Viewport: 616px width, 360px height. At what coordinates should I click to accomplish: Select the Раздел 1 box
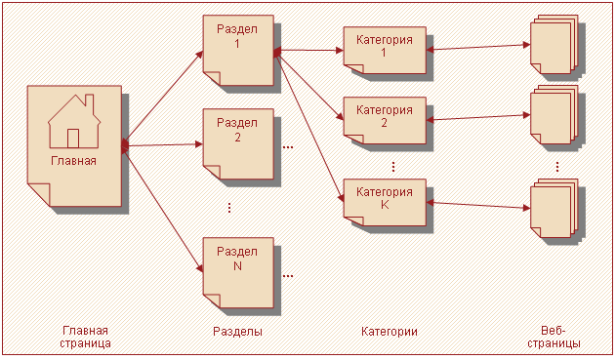click(238, 50)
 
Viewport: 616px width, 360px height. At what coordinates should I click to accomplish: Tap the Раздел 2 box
click(238, 142)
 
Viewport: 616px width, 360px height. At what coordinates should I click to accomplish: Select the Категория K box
click(385, 200)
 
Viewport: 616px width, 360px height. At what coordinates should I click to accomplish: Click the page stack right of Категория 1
click(554, 44)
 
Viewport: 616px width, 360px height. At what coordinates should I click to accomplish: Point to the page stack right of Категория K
click(554, 205)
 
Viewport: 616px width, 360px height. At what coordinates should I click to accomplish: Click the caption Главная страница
click(84, 338)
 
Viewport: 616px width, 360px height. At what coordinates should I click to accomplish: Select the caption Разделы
click(237, 332)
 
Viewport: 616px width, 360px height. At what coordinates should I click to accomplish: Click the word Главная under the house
click(74, 161)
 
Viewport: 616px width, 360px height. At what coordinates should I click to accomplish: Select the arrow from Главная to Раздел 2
click(164, 144)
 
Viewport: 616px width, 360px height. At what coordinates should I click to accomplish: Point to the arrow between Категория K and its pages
click(477, 205)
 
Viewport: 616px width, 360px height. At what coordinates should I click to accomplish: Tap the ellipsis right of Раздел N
click(288, 276)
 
